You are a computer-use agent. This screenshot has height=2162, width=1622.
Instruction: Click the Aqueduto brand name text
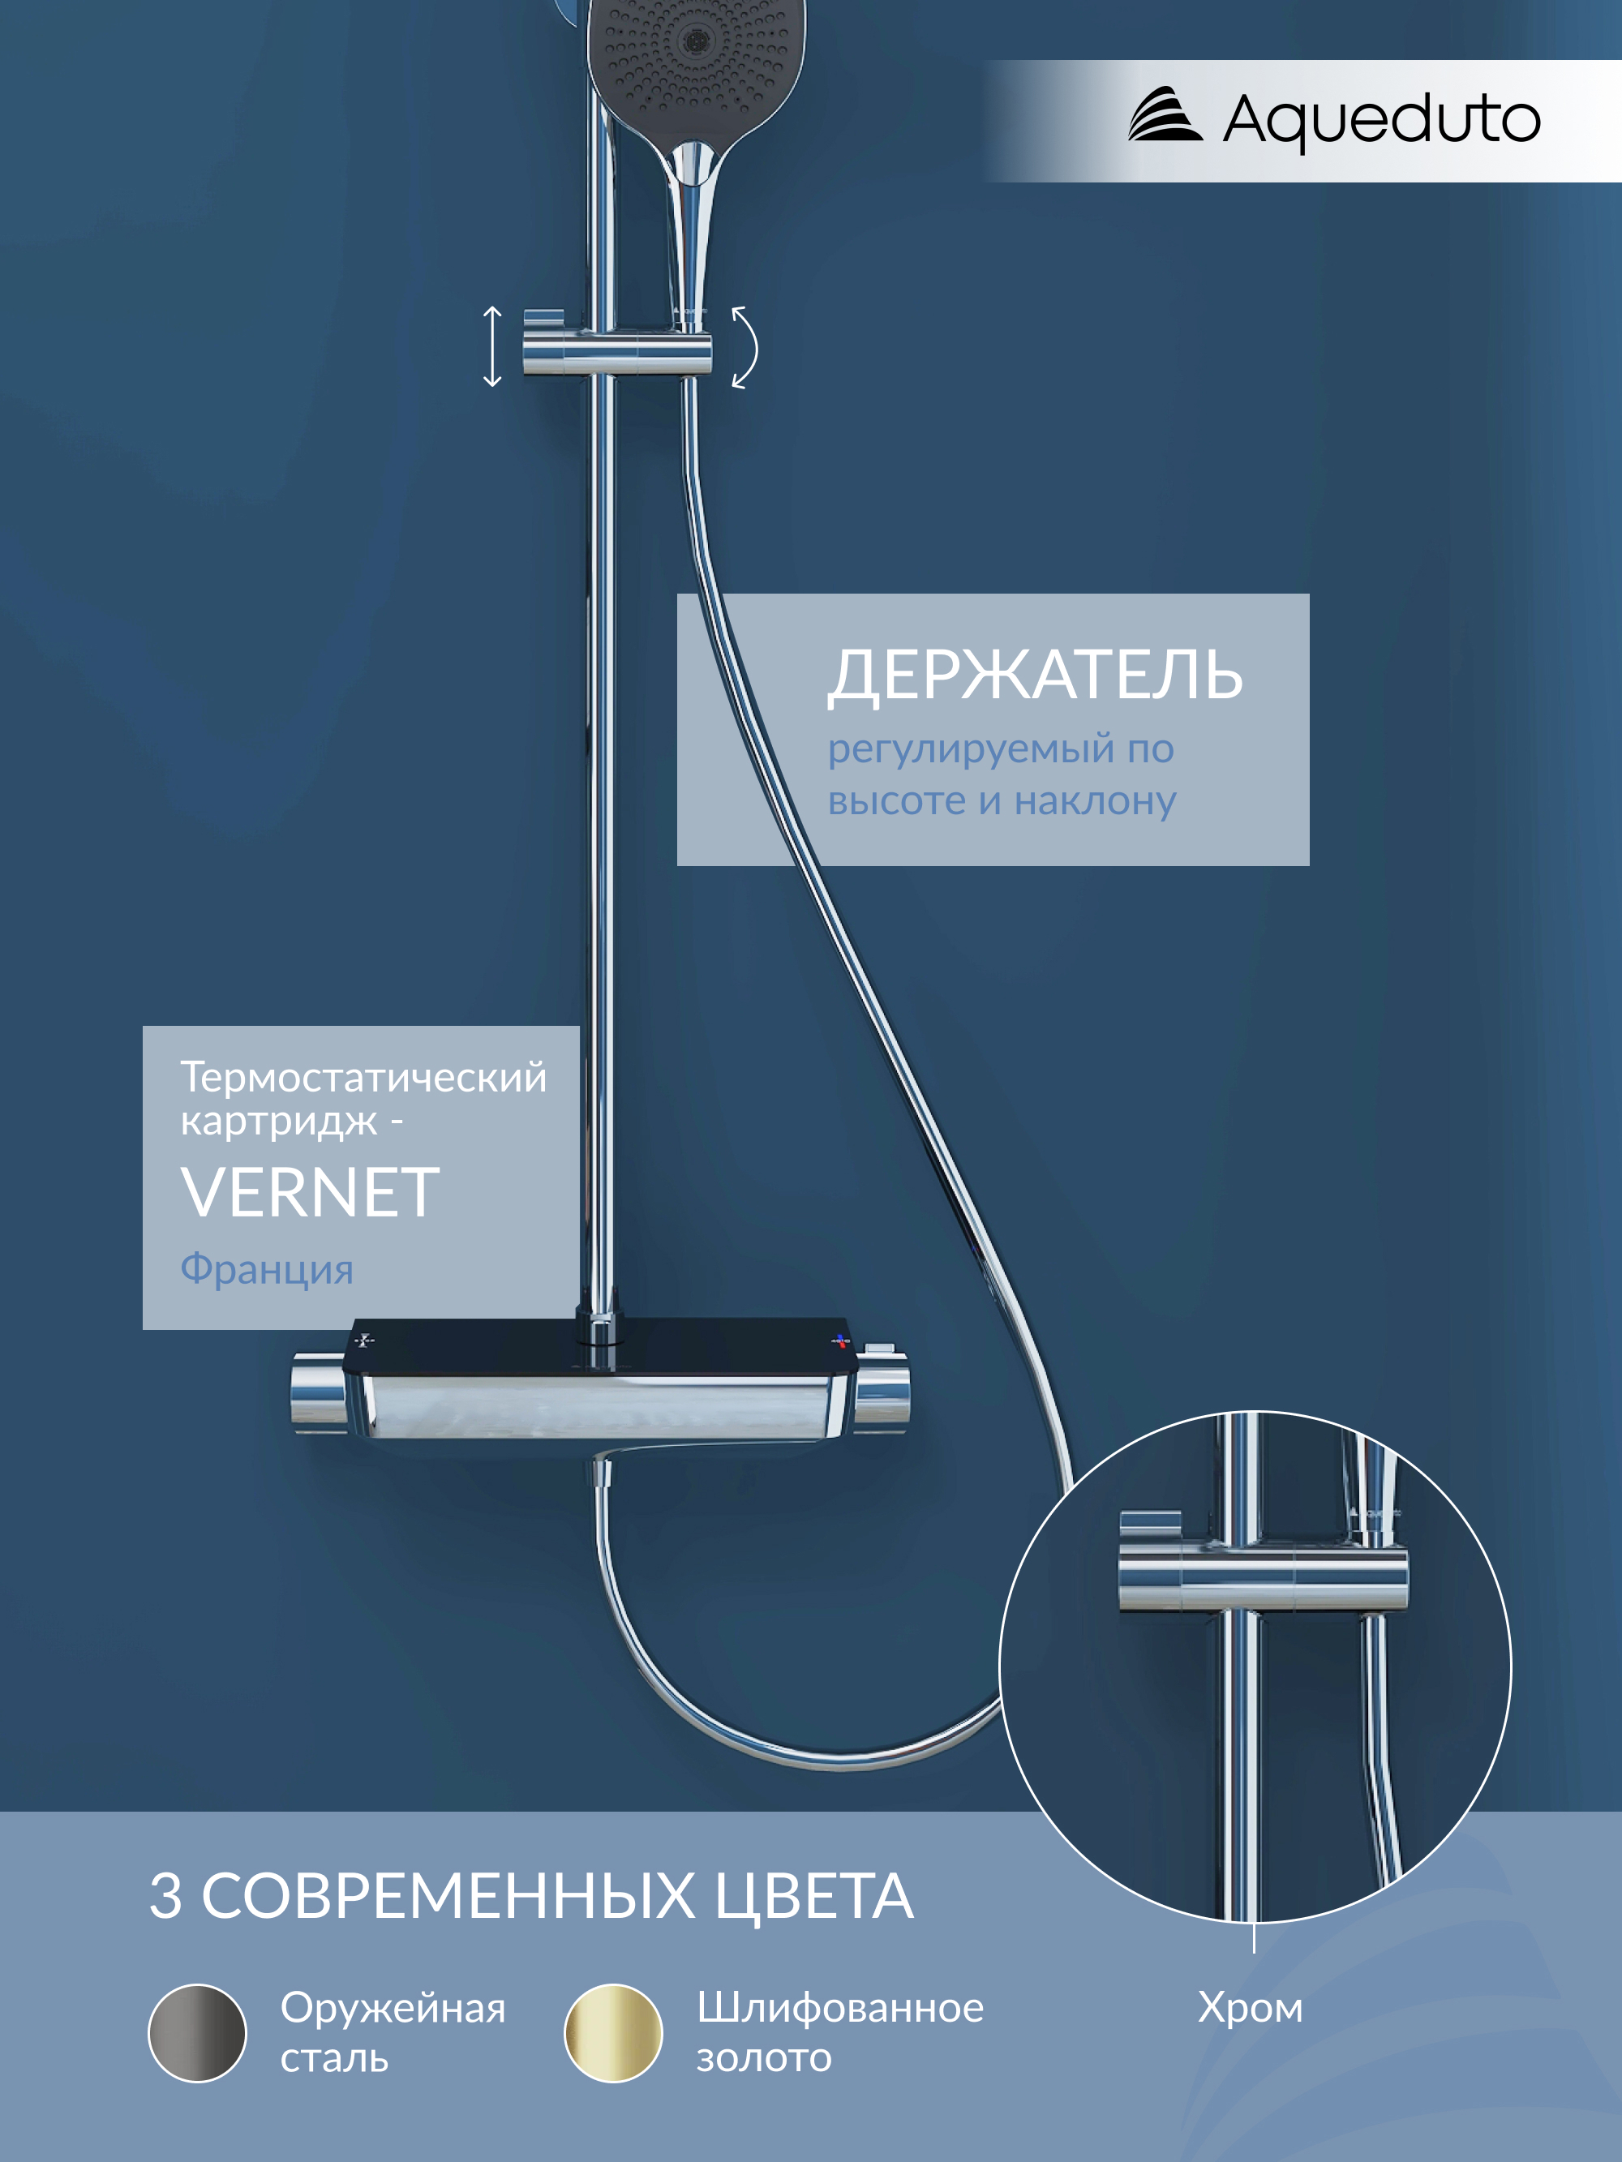1381,120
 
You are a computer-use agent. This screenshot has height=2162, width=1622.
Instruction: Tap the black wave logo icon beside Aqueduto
1165,114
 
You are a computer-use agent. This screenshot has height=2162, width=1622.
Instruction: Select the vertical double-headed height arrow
493,346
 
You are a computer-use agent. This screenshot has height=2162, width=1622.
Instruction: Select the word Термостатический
363,1077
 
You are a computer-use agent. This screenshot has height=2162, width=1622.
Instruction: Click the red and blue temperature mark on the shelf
841,1341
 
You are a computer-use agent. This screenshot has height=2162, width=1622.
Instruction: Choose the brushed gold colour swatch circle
613,2033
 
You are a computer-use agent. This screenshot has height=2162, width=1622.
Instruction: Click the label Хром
1251,2009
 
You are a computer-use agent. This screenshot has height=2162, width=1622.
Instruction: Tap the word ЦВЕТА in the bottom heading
813,1897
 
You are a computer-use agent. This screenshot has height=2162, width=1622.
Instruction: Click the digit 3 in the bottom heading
165,1896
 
